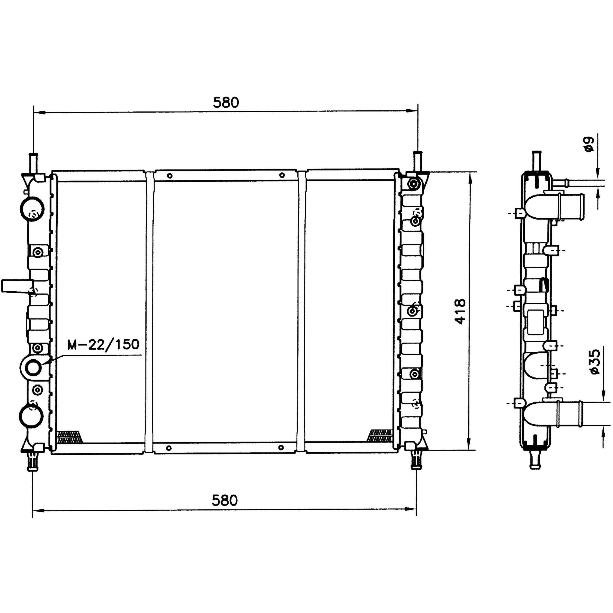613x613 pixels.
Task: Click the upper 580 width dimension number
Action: point(226,102)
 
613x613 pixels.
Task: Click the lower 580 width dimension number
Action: point(225,501)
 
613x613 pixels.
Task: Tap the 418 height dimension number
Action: point(460,311)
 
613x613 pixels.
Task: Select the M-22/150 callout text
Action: point(103,344)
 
